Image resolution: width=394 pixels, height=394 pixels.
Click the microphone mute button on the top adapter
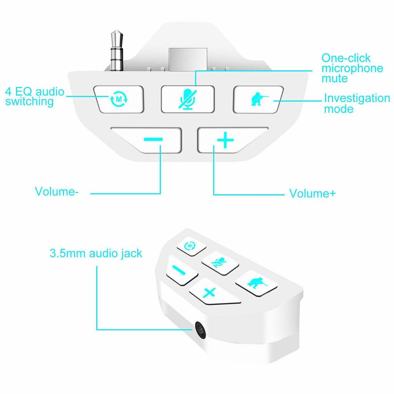coord(187,99)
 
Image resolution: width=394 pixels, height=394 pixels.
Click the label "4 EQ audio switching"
coord(35,97)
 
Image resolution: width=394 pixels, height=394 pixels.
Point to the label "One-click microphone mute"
coord(352,68)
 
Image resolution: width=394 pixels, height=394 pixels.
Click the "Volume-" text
coord(57,192)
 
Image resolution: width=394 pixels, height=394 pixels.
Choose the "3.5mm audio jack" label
coord(96,254)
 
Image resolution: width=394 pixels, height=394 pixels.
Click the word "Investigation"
coord(357,98)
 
